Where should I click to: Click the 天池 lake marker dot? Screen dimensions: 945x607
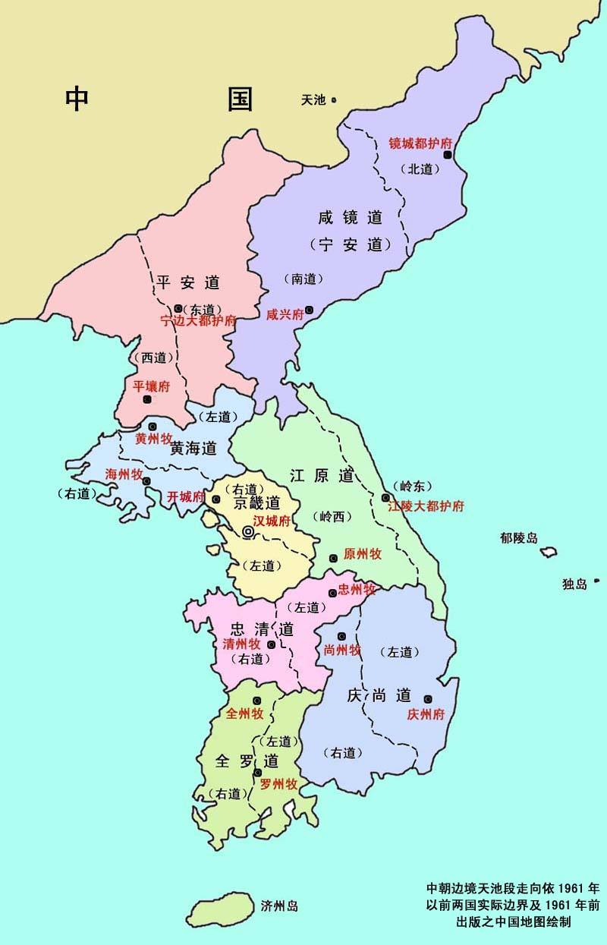(333, 99)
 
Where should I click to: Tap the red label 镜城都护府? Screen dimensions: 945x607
(420, 143)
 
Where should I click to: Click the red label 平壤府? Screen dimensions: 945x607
(152, 386)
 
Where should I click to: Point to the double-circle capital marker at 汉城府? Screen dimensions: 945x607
(248, 533)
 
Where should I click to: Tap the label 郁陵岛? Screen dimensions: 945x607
(519, 538)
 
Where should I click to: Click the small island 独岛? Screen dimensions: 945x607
(596, 581)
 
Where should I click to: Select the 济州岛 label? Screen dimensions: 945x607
(279, 906)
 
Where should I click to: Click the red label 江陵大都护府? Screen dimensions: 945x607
(426, 506)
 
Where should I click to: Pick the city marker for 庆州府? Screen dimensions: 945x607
(428, 699)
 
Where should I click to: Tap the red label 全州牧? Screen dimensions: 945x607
(245, 714)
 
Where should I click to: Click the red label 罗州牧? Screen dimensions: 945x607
(278, 785)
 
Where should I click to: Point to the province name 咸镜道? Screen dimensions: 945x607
(350, 218)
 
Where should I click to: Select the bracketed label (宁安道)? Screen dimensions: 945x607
(350, 245)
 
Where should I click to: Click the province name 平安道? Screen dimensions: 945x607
(188, 282)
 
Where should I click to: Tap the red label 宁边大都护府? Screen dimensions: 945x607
(198, 321)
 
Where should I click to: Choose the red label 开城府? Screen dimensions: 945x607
(186, 497)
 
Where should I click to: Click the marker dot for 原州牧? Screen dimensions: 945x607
(332, 559)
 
